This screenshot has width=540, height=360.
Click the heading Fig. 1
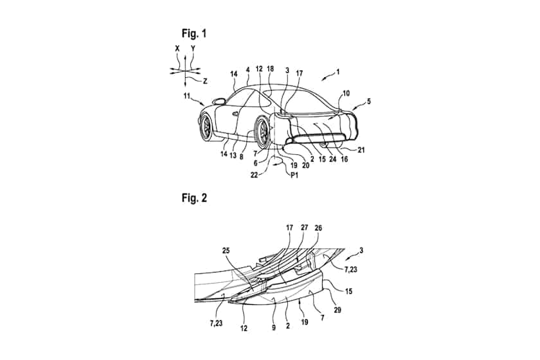tap(194, 33)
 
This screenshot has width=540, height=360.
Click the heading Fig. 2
tap(194, 198)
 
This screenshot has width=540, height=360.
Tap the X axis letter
tap(177, 49)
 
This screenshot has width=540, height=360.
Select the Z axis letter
tap(205, 81)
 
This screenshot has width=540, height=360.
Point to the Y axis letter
tap(193, 49)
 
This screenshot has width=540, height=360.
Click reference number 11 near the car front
tap(186, 96)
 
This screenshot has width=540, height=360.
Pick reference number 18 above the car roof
tap(271, 69)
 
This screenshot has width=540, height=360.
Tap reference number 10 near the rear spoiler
tap(346, 93)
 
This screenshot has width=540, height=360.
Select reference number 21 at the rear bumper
tap(361, 150)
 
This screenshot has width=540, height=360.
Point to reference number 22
tap(254, 175)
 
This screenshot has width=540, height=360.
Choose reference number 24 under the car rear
tap(333, 159)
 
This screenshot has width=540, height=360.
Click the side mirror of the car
tap(219, 102)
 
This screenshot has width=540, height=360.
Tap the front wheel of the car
tap(207, 127)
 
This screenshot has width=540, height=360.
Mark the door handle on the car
tap(235, 113)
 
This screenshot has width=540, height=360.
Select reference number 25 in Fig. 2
tap(226, 251)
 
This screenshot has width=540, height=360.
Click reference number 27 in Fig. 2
tap(305, 228)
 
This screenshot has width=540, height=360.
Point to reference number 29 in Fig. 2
tap(337, 310)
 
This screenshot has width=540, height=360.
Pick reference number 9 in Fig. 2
tap(274, 328)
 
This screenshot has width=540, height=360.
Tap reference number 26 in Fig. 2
tap(318, 228)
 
